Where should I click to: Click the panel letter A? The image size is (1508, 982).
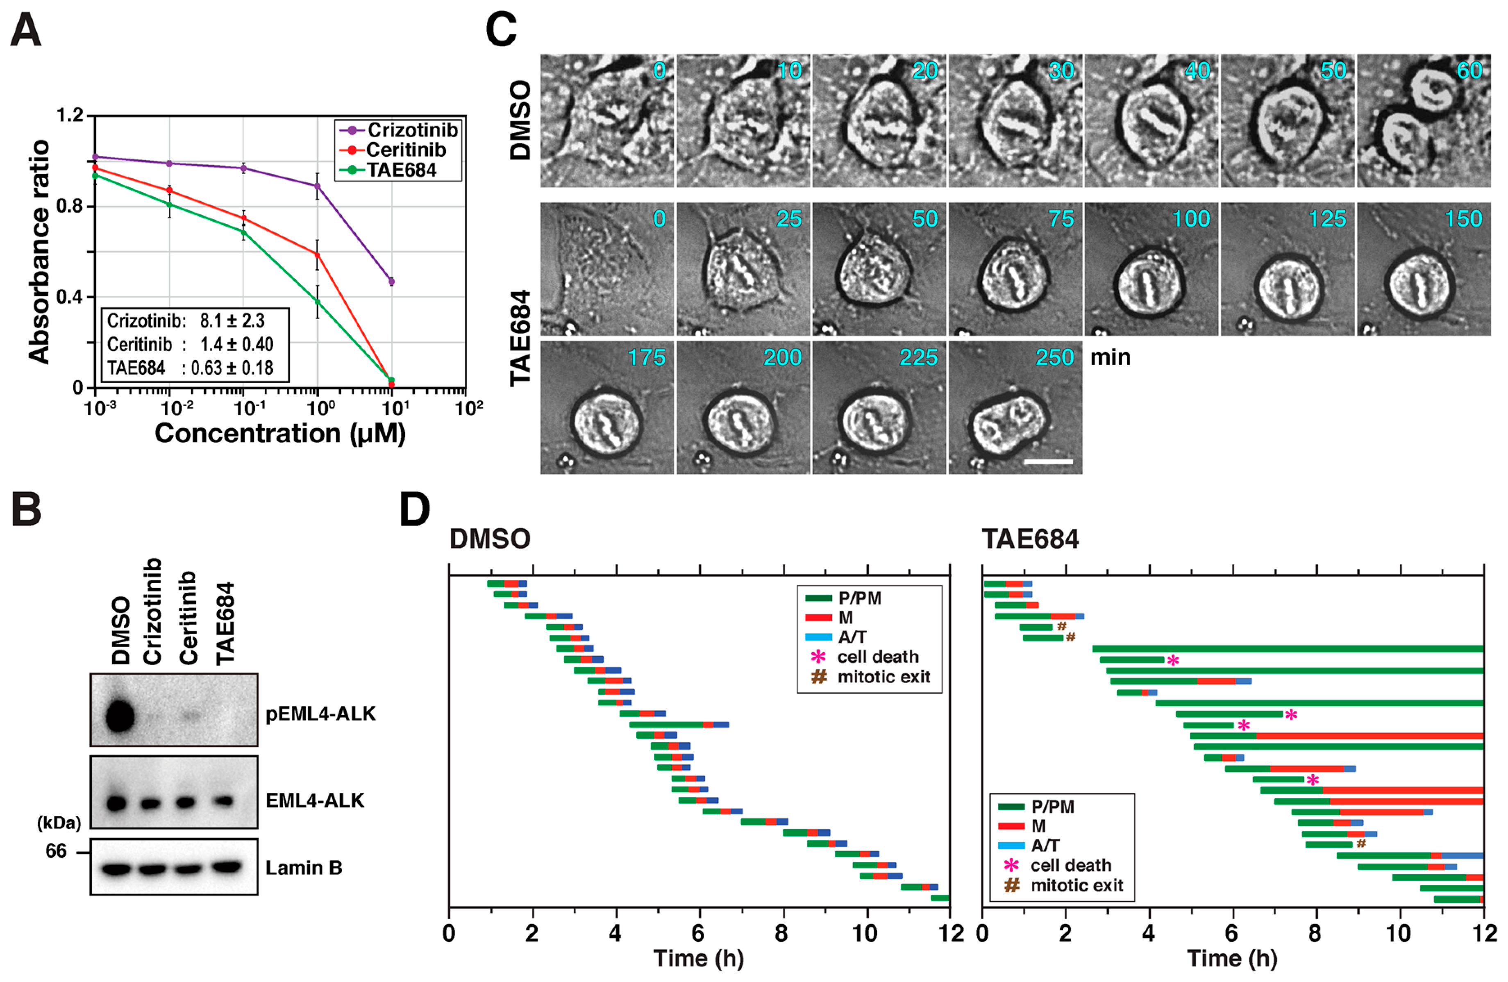[x=26, y=30]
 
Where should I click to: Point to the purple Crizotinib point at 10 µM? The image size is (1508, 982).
[x=392, y=281]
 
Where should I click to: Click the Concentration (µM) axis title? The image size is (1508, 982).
[x=279, y=434]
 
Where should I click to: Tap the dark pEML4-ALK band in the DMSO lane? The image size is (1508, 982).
[x=120, y=716]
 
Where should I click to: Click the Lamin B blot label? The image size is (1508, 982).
[x=304, y=867]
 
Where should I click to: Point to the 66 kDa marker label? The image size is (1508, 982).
[x=56, y=851]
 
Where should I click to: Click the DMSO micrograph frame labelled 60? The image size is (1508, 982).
[x=1423, y=120]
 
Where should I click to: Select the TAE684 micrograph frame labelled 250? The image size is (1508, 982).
[x=1015, y=408]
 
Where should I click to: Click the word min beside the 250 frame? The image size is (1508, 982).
[x=1110, y=358]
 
